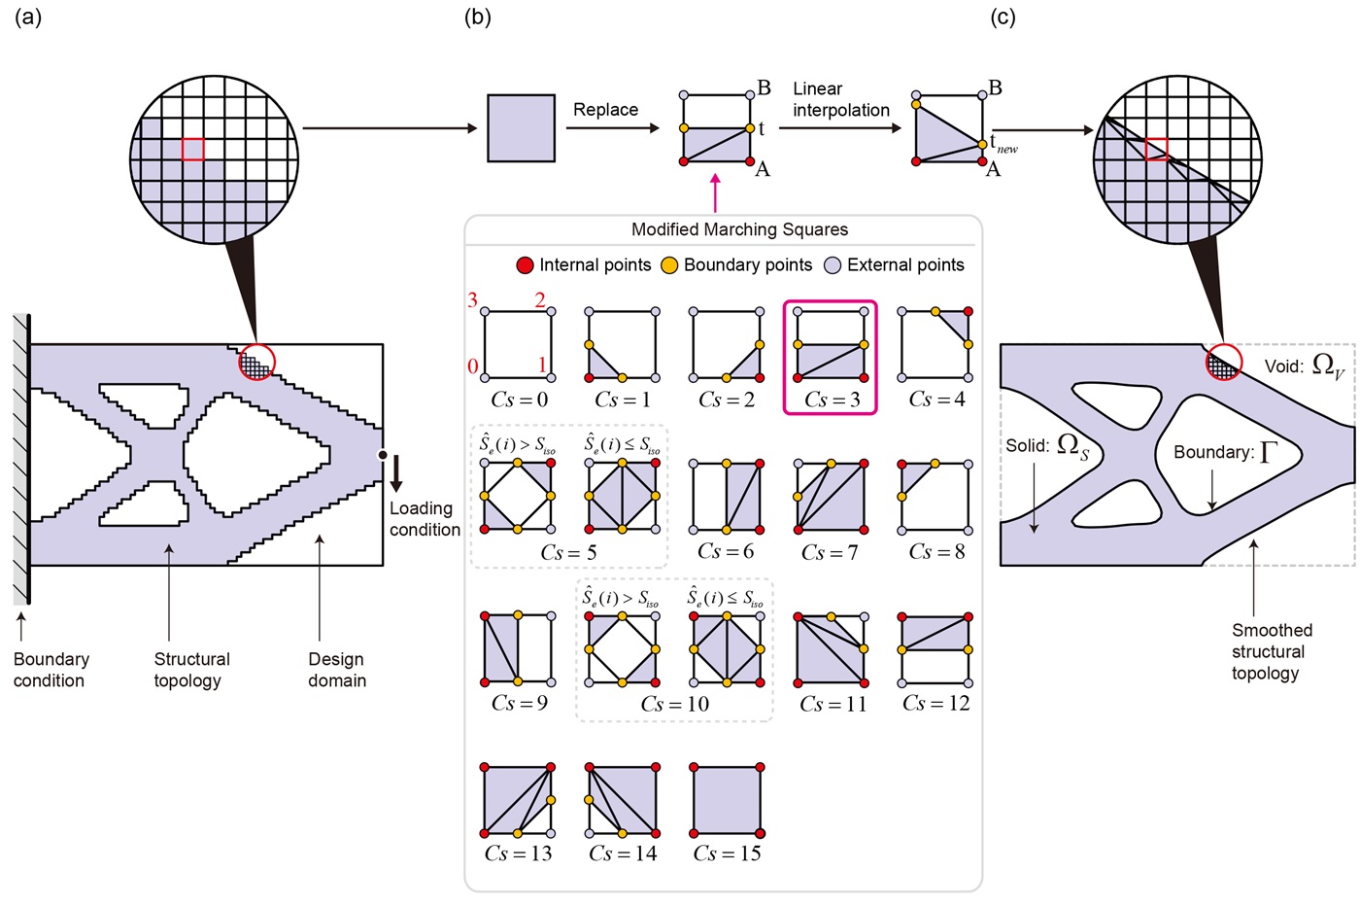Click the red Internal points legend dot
[525, 265]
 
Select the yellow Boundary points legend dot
[669, 265]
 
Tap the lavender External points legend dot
[833, 265]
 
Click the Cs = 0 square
[518, 345]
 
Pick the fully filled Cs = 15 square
[727, 800]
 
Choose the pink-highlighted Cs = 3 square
[831, 345]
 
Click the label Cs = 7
[830, 552]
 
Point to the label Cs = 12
[935, 703]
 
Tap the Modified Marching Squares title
[739, 229]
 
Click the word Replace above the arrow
[605, 110]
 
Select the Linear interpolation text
[840, 99]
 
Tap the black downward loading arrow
[396, 476]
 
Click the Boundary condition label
[51, 670]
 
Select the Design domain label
[336, 670]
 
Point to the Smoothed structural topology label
[1271, 651]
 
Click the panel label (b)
[478, 17]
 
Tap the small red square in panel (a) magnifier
[192, 149]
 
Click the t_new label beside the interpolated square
[1003, 145]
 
